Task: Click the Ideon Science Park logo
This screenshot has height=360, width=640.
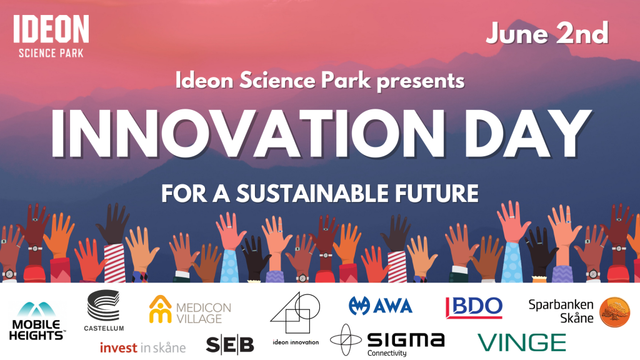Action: click(x=51, y=36)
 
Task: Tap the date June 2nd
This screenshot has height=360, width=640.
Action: click(x=547, y=33)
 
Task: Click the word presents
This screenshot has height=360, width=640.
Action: click(x=421, y=81)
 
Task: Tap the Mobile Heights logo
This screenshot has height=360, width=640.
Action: click(x=37, y=321)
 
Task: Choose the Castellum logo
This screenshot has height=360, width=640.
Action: click(x=104, y=310)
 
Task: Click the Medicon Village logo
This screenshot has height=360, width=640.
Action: click(x=190, y=309)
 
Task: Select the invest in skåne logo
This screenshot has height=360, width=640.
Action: click(x=142, y=347)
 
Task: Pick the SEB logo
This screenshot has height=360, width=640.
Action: click(x=230, y=345)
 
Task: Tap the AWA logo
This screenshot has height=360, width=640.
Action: click(x=381, y=306)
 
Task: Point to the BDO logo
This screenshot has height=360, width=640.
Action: click(x=474, y=307)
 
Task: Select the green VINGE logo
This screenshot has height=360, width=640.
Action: click(x=522, y=342)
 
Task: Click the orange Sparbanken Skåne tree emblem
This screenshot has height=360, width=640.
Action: click(x=615, y=312)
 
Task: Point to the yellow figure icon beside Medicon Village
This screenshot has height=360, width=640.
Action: click(x=161, y=309)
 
